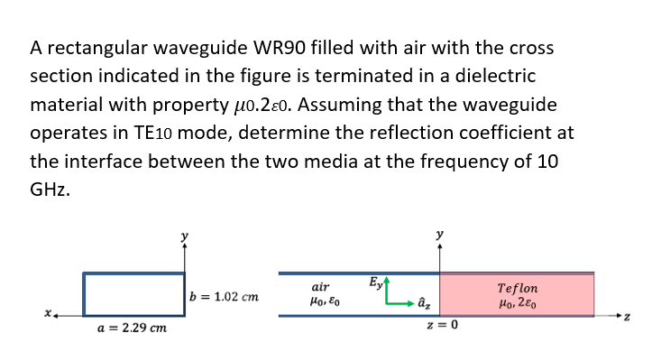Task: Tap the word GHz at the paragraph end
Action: tap(50, 191)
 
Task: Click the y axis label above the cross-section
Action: tap(185, 236)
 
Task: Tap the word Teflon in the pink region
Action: tap(518, 289)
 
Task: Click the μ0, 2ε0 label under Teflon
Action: tap(518, 304)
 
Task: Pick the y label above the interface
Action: tap(439, 236)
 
